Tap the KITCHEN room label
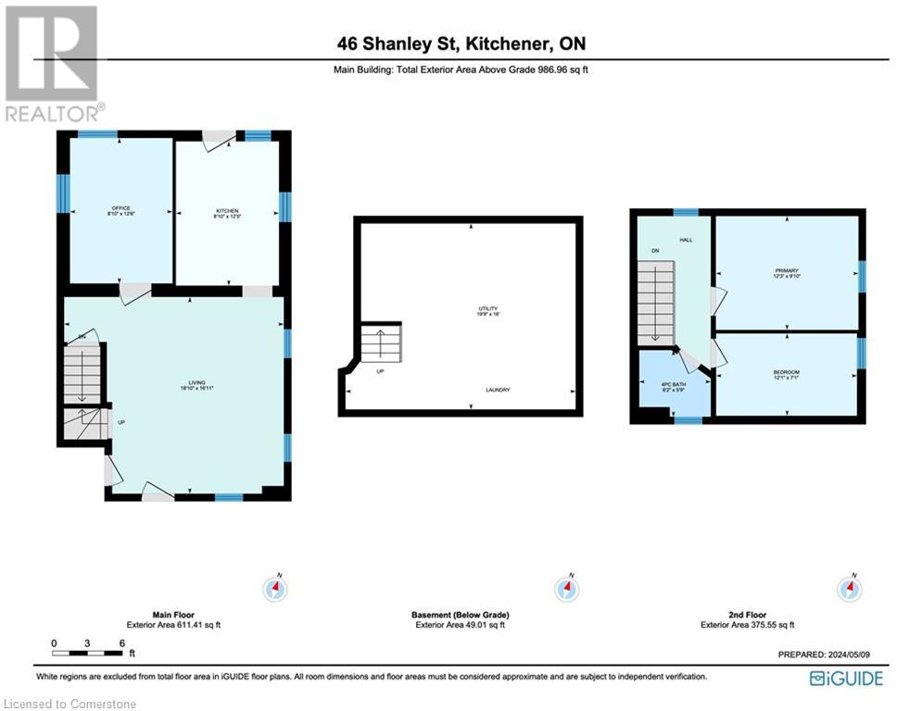[x=226, y=214]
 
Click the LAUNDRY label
[x=498, y=390]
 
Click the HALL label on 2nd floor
[x=686, y=240]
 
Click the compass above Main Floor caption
[x=275, y=588]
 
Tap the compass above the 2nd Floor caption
[x=849, y=588]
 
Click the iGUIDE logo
[x=846, y=679]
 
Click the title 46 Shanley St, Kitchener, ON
[x=461, y=44]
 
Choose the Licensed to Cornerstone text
[x=69, y=704]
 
